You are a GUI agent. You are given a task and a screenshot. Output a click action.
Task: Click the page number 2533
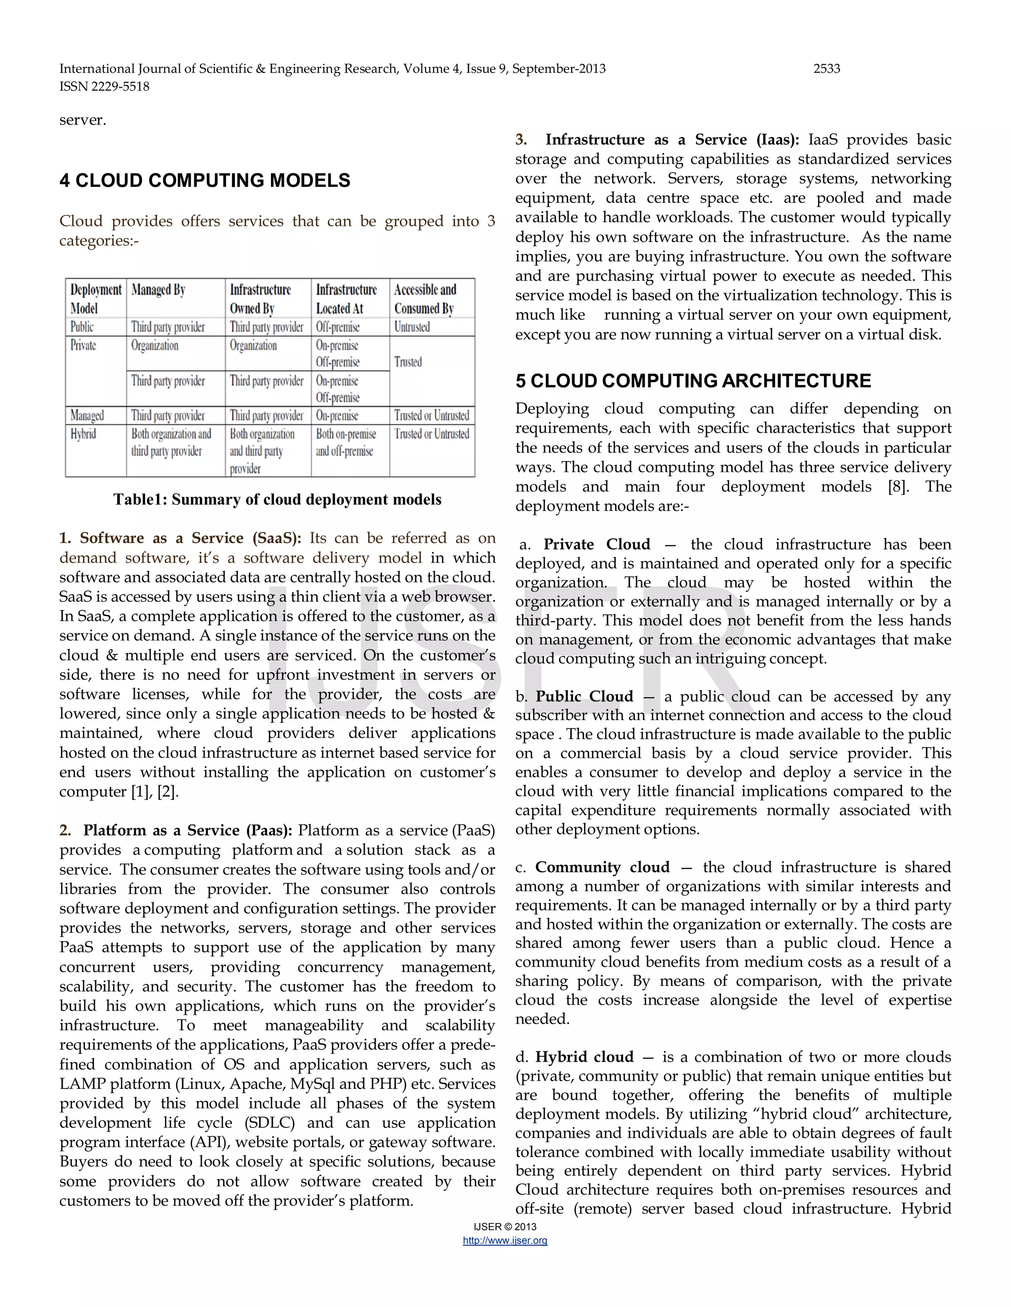826,69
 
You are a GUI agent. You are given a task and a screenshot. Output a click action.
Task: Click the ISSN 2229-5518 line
104,87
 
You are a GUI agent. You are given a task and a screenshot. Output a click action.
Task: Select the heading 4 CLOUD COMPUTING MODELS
205,181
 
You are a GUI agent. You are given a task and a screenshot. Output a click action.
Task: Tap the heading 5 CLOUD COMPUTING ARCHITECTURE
693,381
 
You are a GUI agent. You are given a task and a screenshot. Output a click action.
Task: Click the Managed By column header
158,290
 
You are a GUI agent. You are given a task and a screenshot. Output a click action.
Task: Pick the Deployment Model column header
95,298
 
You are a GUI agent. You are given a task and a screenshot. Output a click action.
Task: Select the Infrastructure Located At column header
346,298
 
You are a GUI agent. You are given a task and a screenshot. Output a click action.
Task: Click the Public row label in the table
82,327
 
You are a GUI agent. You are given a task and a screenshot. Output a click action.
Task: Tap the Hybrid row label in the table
83,434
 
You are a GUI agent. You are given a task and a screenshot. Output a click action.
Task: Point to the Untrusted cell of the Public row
412,327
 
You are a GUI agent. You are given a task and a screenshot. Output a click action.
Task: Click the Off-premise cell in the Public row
338,327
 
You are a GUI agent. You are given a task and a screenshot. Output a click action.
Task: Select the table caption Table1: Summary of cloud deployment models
277,500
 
